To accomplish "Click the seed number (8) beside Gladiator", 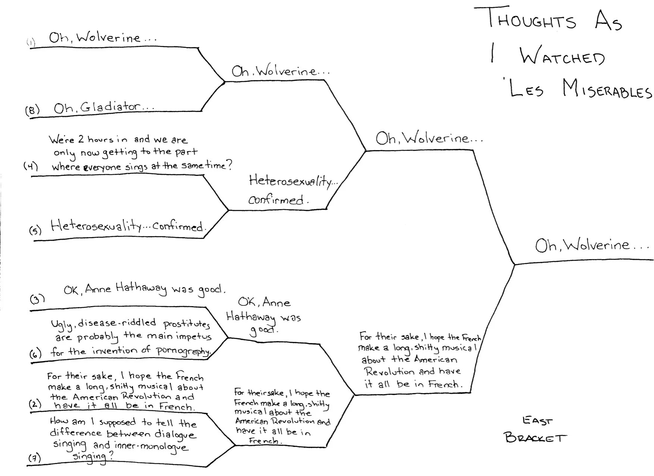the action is [x=32, y=111].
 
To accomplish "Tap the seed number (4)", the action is [x=31, y=166].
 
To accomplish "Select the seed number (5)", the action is [x=35, y=230].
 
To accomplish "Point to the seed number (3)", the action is [x=37, y=299].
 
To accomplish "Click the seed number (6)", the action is [x=35, y=354].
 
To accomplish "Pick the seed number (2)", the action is [x=35, y=404].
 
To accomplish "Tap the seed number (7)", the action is [x=35, y=458].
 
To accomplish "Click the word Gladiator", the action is [x=110, y=107].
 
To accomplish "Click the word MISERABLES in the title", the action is [x=607, y=90].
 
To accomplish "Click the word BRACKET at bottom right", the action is [x=535, y=437].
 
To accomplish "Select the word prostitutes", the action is [x=187, y=324].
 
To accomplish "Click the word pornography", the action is [x=183, y=351].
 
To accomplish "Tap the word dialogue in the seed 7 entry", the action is [x=175, y=434].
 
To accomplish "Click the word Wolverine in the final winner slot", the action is [x=597, y=245].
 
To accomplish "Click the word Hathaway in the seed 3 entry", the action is [x=141, y=288].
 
